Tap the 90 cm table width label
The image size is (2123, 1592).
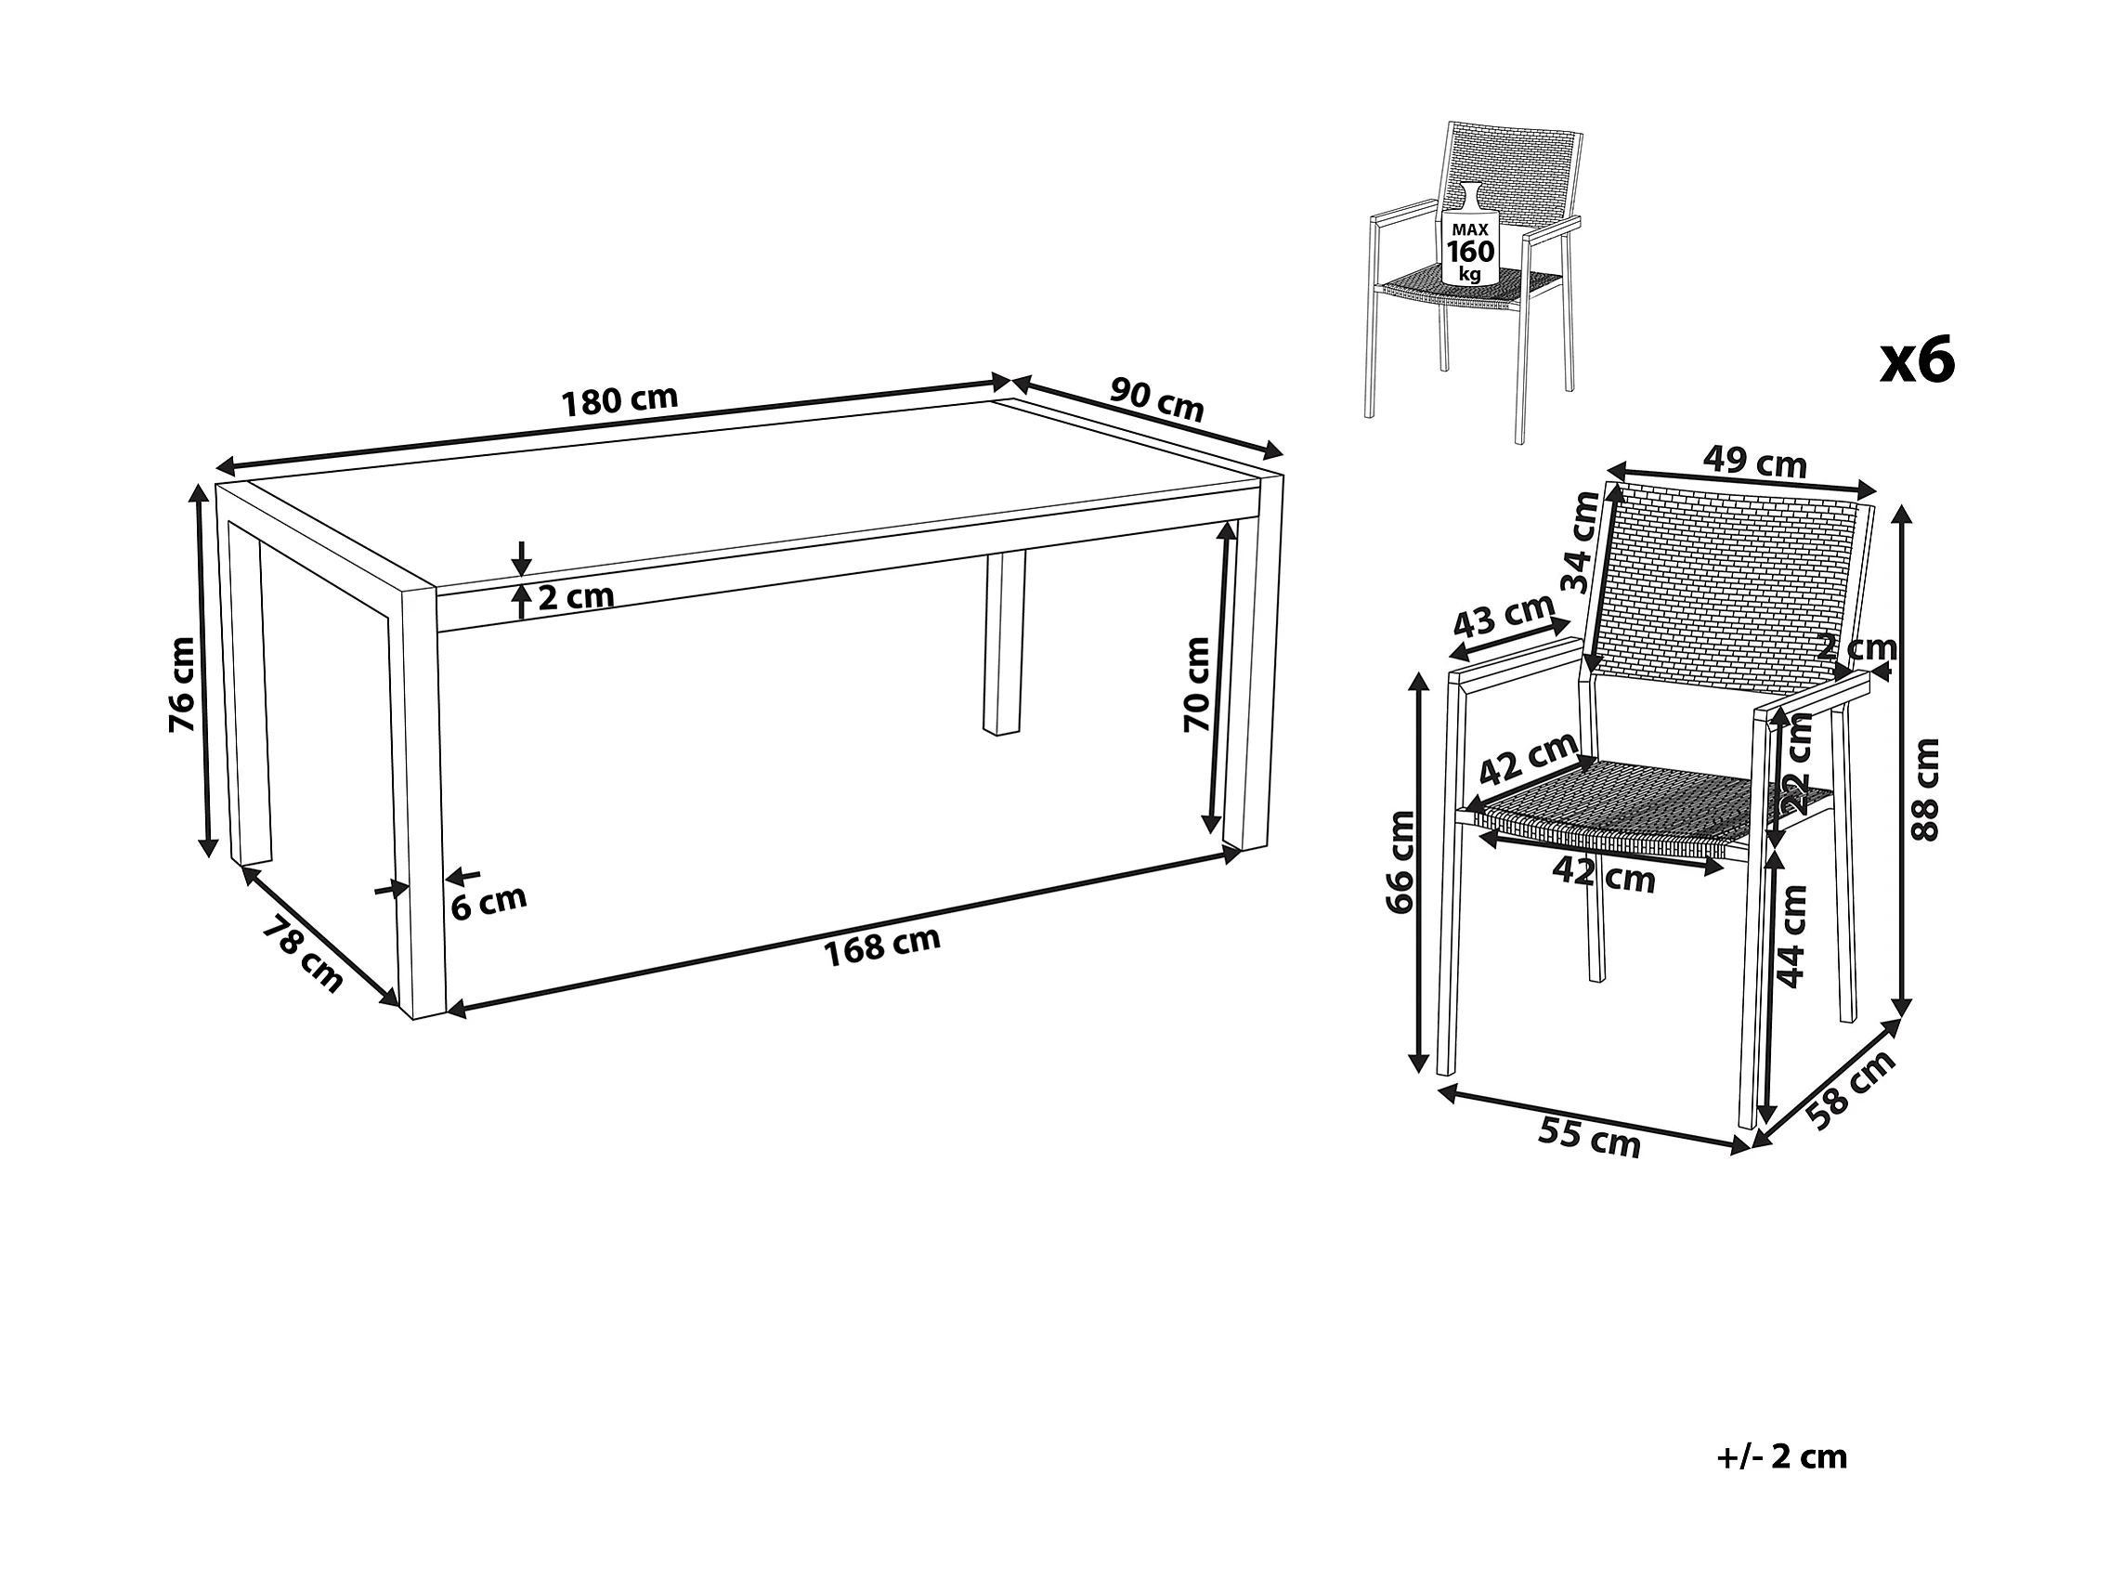[1156, 399]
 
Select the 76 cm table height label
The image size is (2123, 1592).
[181, 685]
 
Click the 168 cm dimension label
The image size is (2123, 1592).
[882, 945]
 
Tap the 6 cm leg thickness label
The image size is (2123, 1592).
[488, 902]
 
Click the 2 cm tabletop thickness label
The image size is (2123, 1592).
[576, 597]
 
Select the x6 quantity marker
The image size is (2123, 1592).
[1917, 360]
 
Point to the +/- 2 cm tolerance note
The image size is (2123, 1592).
[1781, 1455]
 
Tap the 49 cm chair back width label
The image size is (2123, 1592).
[1754, 463]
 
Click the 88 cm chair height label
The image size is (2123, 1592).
[1925, 789]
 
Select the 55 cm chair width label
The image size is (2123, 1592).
[1588, 1138]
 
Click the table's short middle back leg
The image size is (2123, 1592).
[1004, 644]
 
